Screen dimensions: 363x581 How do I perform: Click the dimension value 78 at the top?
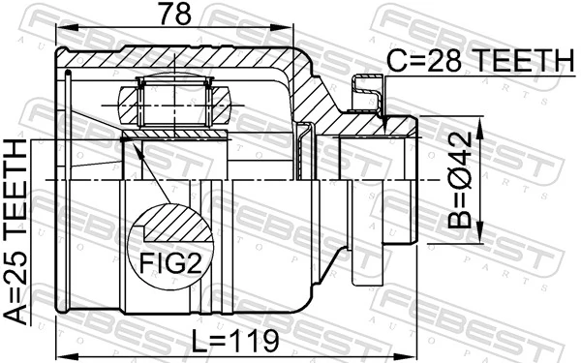tap(176, 15)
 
